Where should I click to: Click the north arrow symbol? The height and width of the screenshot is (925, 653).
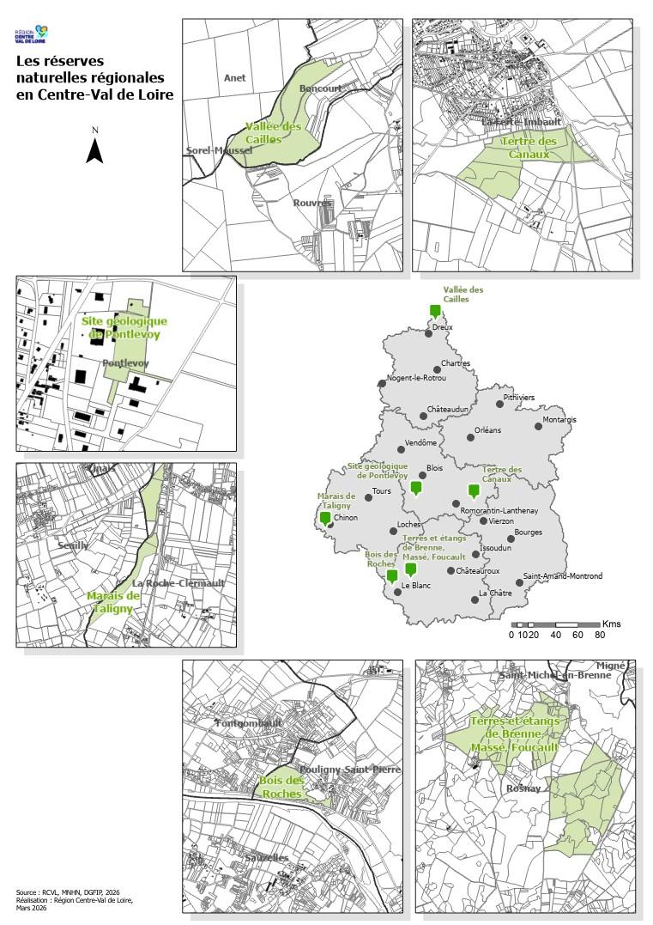click(95, 149)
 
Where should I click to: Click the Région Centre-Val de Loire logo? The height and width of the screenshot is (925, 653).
click(32, 35)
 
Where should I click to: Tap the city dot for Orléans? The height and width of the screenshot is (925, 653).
click(470, 437)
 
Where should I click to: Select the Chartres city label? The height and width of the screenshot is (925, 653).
click(456, 363)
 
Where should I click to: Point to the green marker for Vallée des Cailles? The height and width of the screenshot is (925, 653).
click(435, 311)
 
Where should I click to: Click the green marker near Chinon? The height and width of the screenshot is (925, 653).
click(325, 518)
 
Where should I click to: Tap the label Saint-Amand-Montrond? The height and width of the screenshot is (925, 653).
click(562, 576)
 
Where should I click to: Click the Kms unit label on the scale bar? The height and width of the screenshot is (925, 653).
click(612, 623)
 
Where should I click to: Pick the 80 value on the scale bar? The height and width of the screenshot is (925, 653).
click(600, 636)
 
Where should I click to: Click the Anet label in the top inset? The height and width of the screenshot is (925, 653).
click(234, 78)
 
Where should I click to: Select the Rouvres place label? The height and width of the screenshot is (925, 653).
click(311, 203)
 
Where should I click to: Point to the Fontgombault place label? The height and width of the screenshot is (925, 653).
click(250, 724)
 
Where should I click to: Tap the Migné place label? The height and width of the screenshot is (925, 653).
click(611, 666)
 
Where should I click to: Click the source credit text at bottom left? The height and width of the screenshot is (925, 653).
click(74, 901)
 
